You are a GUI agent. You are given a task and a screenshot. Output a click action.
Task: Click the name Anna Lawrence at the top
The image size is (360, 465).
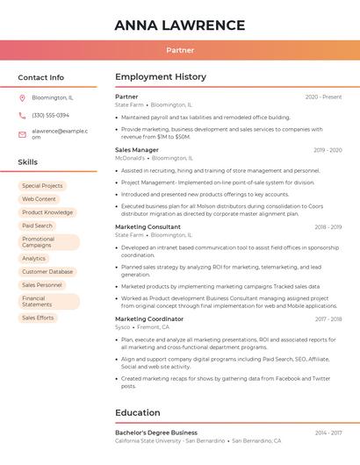[180, 25]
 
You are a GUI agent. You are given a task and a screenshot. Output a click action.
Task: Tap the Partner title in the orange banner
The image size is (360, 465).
[180, 50]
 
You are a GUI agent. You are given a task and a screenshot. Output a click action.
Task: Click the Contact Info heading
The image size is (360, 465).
[41, 77]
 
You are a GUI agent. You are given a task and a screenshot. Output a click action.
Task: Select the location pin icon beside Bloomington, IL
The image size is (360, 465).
[22, 97]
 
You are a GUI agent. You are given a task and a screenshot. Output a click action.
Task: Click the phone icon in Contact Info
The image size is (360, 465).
[22, 115]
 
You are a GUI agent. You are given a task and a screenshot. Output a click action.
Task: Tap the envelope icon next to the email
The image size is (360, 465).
[22, 133]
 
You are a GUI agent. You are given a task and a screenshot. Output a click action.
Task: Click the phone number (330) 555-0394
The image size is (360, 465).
[50, 115]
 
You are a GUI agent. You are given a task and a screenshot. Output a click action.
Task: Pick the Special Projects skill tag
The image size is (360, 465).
[42, 186]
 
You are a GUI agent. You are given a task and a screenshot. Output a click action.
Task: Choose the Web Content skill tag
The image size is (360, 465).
[39, 199]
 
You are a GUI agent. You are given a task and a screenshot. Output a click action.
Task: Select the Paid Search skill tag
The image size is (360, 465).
[37, 225]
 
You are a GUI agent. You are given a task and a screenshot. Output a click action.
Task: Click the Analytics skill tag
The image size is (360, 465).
[33, 259]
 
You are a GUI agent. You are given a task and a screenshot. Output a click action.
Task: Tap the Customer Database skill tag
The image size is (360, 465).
[47, 272]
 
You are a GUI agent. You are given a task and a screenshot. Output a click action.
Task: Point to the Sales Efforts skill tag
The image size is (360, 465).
[38, 318]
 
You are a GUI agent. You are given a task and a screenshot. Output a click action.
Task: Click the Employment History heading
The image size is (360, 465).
[161, 77]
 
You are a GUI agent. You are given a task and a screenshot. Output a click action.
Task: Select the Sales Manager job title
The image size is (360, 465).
[137, 150]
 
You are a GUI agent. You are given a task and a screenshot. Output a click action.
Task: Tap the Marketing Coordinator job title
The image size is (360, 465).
[149, 319]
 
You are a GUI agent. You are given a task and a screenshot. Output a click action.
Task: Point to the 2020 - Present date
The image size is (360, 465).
[323, 97]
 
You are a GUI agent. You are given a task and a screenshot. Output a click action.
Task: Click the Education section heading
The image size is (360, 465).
[138, 412]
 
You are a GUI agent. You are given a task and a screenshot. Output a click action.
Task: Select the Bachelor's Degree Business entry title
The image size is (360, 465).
[156, 433]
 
